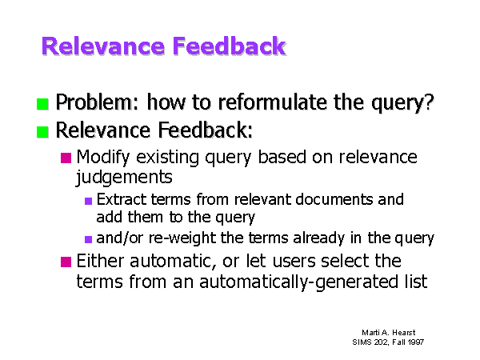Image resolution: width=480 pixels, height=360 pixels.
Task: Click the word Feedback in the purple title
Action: (230, 46)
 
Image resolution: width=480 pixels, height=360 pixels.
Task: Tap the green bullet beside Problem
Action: (42, 104)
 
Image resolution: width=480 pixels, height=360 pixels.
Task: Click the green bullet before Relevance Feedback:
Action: (42, 132)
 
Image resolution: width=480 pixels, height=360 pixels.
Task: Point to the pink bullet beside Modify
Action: (66, 158)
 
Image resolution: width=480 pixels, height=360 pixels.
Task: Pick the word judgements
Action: (124, 178)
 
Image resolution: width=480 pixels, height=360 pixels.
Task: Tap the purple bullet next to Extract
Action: (88, 201)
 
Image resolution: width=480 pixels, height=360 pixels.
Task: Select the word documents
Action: (334, 199)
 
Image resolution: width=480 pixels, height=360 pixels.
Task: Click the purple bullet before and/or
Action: (88, 239)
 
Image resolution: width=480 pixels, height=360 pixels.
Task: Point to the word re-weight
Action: (182, 238)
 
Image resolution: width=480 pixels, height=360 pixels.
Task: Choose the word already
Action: (319, 238)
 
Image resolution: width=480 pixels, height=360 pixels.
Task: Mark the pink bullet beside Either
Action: (66, 262)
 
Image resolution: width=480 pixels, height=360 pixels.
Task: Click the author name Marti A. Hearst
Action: (389, 333)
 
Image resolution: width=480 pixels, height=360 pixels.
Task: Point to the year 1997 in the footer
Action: (416, 342)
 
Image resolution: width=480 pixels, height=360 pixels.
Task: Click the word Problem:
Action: (98, 102)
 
